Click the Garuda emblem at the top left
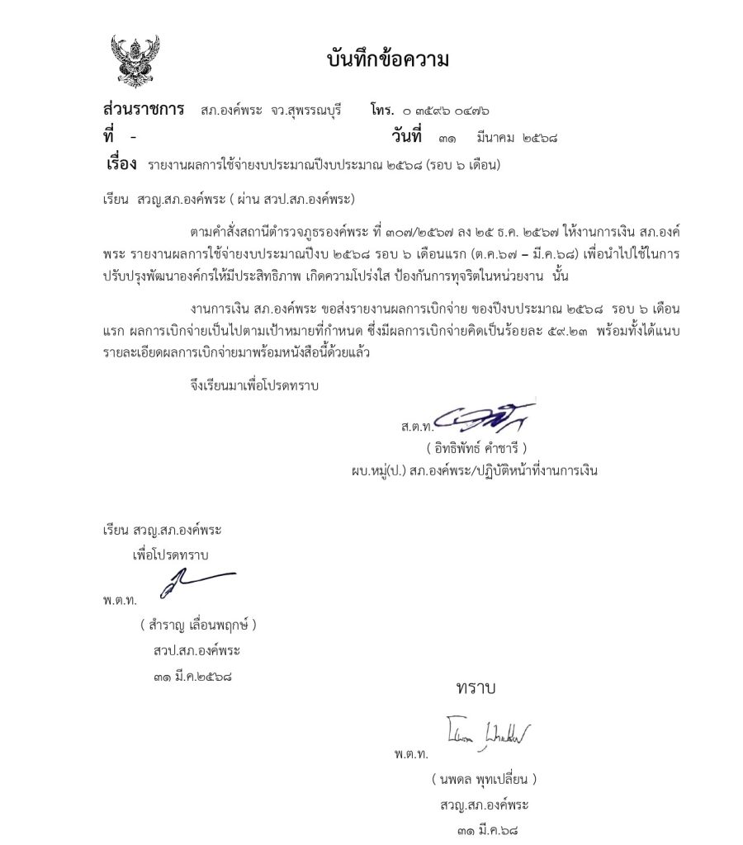click(135, 60)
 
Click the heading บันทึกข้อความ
click(387, 60)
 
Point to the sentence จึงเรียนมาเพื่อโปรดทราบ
click(253, 385)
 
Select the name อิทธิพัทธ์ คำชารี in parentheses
click(477, 449)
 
